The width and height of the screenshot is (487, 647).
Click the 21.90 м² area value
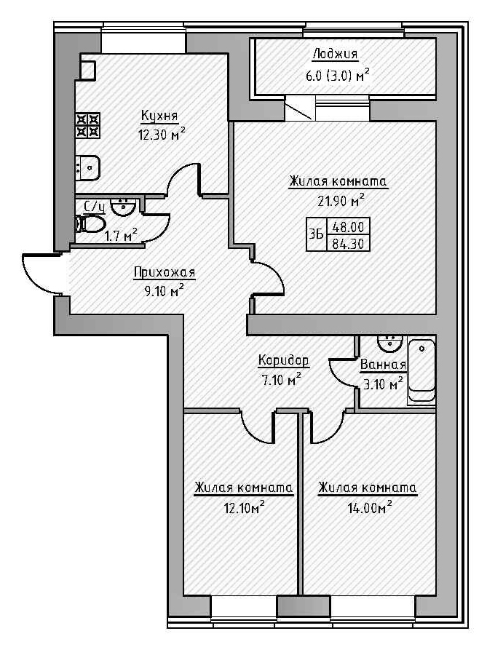click(337, 199)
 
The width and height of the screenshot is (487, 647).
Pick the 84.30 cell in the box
click(349, 244)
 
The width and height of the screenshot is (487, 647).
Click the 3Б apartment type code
click(316, 235)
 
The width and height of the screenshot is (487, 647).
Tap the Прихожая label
click(165, 273)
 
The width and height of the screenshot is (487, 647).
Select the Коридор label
click(284, 361)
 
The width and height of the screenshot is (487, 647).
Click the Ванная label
click(383, 366)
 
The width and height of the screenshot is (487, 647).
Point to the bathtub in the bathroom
click(421, 372)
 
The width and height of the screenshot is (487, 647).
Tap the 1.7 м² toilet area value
click(121, 235)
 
